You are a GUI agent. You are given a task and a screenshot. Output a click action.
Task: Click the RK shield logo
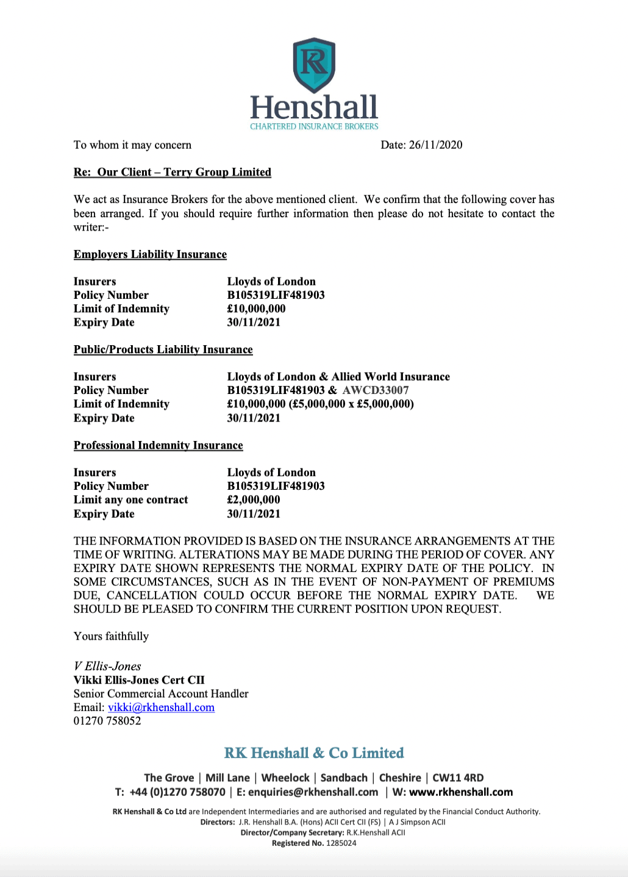tap(314, 65)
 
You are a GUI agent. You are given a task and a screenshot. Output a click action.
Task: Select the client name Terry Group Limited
tap(217, 172)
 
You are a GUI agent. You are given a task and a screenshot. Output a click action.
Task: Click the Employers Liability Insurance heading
tap(150, 254)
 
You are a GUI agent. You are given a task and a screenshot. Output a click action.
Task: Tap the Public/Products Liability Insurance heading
tap(163, 349)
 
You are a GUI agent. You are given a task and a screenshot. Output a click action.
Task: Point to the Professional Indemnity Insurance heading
tap(158, 445)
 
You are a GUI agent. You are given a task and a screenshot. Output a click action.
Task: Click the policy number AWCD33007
tap(376, 390)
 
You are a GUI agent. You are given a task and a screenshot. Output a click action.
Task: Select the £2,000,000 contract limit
tap(254, 500)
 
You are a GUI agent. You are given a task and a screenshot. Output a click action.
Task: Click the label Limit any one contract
tap(130, 500)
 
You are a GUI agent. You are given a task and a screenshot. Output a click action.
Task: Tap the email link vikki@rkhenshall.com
tap(161, 707)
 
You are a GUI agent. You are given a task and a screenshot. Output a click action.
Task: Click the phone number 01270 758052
tap(107, 721)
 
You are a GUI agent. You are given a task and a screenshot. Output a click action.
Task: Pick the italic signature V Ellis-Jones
tap(107, 666)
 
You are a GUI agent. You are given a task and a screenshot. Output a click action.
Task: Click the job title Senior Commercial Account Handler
tap(161, 693)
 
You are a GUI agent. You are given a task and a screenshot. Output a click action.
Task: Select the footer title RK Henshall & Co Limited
tap(314, 753)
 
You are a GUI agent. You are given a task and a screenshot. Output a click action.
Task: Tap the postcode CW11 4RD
tap(458, 778)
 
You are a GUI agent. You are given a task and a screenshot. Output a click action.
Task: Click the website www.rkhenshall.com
tap(461, 792)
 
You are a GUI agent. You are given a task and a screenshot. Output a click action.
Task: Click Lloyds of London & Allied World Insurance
tap(338, 377)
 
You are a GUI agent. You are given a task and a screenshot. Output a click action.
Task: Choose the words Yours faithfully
tap(111, 636)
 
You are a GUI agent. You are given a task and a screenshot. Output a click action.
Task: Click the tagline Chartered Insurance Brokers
tap(314, 126)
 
